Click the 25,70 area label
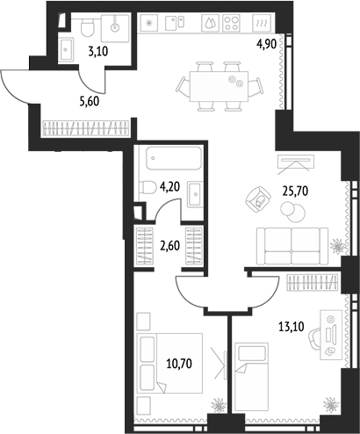pos(295,192)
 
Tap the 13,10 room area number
pos(292,326)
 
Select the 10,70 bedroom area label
pos(179,364)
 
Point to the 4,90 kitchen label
pos(266,45)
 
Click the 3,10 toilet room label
pos(98,52)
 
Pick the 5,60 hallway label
pos(90,102)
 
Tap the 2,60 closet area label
pos(169,245)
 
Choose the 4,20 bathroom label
pos(169,186)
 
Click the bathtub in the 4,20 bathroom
pos(174,158)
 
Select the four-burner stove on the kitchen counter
pos(231,23)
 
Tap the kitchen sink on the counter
pos(176,23)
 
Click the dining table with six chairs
pos(219,86)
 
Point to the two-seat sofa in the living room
pos(292,246)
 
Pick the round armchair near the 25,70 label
pos(258,199)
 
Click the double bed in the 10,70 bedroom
pos(169,363)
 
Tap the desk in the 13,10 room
pos(331,335)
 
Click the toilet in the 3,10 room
pos(88,27)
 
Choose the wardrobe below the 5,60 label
pos(86,128)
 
